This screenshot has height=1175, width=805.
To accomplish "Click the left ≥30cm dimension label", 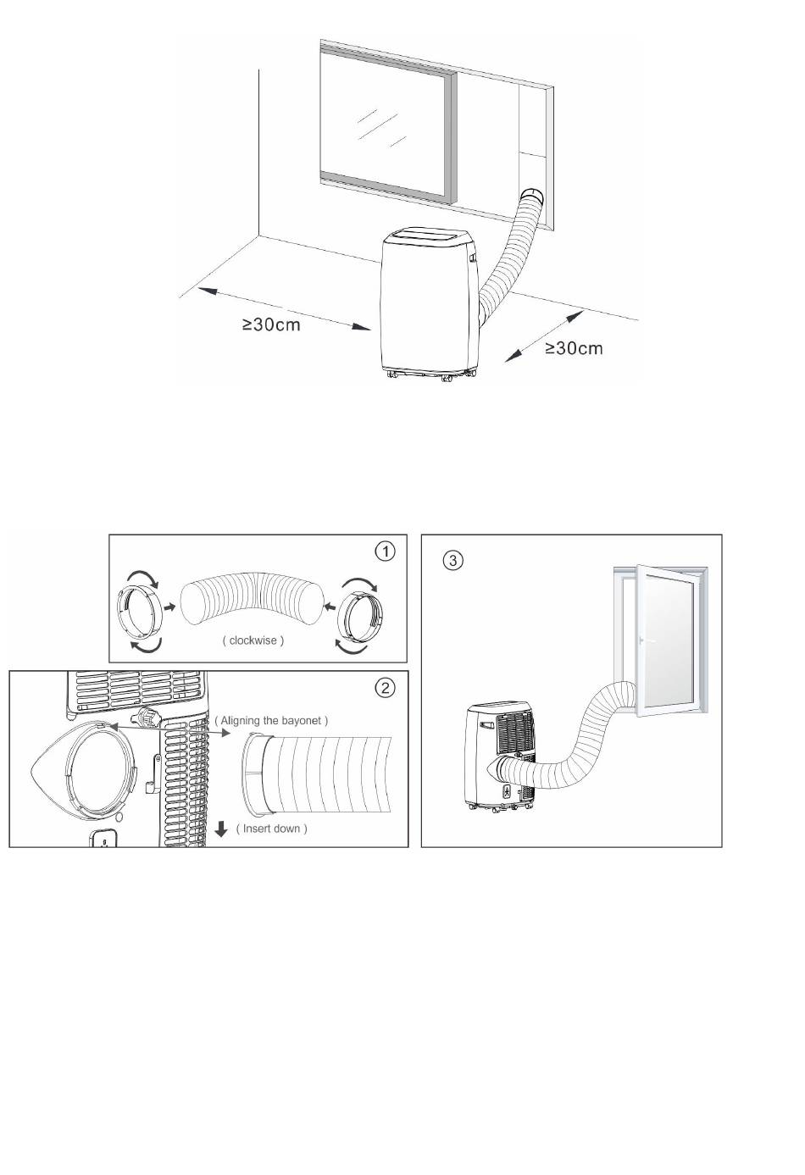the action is click(x=271, y=325).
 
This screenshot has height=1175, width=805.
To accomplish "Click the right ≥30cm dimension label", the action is click(x=574, y=347).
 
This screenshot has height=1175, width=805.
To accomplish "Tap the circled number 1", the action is click(x=386, y=551).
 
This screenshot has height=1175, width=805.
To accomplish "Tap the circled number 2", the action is click(x=386, y=687).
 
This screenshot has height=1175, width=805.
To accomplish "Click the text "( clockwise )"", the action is click(x=253, y=640).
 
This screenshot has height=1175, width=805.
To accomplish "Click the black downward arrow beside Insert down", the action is click(x=222, y=829).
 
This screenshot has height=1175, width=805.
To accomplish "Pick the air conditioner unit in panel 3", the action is click(x=500, y=754).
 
